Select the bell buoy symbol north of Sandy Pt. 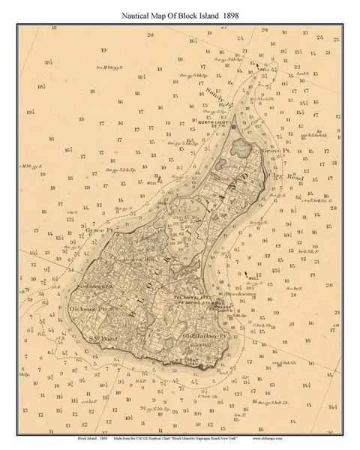tap(257, 65)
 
